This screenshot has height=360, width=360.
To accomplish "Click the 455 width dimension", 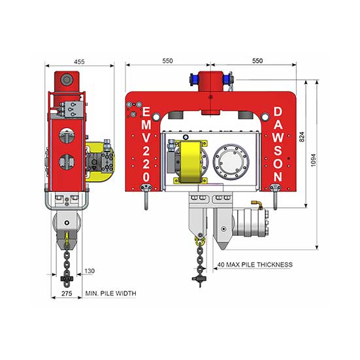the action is [79, 61].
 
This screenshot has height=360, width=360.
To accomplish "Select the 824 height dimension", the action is [302, 137].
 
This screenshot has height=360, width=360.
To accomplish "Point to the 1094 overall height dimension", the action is [313, 160].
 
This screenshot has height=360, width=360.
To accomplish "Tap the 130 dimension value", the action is [90, 271].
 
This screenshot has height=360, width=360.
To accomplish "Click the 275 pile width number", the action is [67, 293].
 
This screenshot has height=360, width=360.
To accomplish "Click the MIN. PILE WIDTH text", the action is [110, 293].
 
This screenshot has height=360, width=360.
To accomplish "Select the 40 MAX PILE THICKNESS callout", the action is [255, 265].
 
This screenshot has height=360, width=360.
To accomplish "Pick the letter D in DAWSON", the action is [278, 112].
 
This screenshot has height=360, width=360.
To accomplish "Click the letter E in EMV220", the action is [146, 112].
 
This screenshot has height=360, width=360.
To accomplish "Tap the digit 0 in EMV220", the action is [146, 177].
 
